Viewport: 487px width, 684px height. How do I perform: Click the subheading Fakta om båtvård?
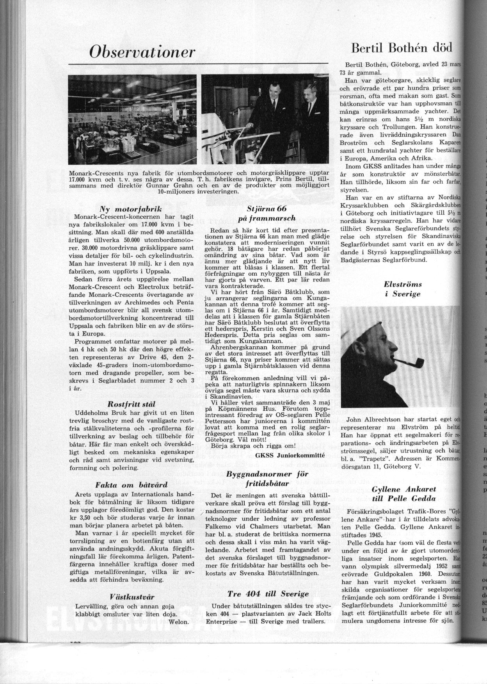131,485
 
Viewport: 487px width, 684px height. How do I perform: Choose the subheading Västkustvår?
132,597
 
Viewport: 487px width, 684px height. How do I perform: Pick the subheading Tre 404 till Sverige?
268,593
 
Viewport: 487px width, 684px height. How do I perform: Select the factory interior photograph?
133,119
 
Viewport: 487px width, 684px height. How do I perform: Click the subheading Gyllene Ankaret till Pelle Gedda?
403,493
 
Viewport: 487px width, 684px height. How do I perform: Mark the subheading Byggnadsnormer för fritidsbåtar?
268,479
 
